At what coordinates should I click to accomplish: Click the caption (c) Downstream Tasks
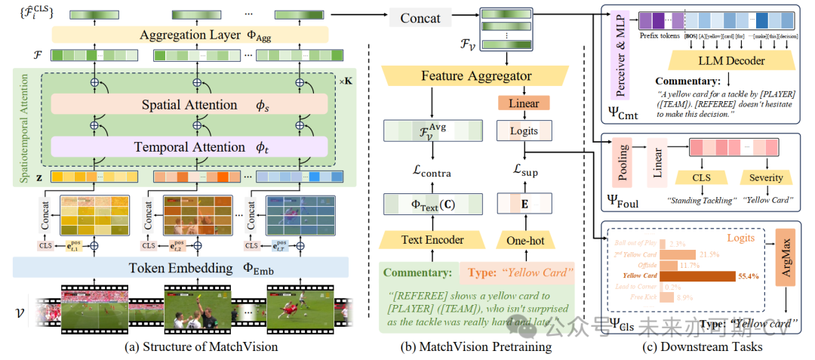(703, 346)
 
